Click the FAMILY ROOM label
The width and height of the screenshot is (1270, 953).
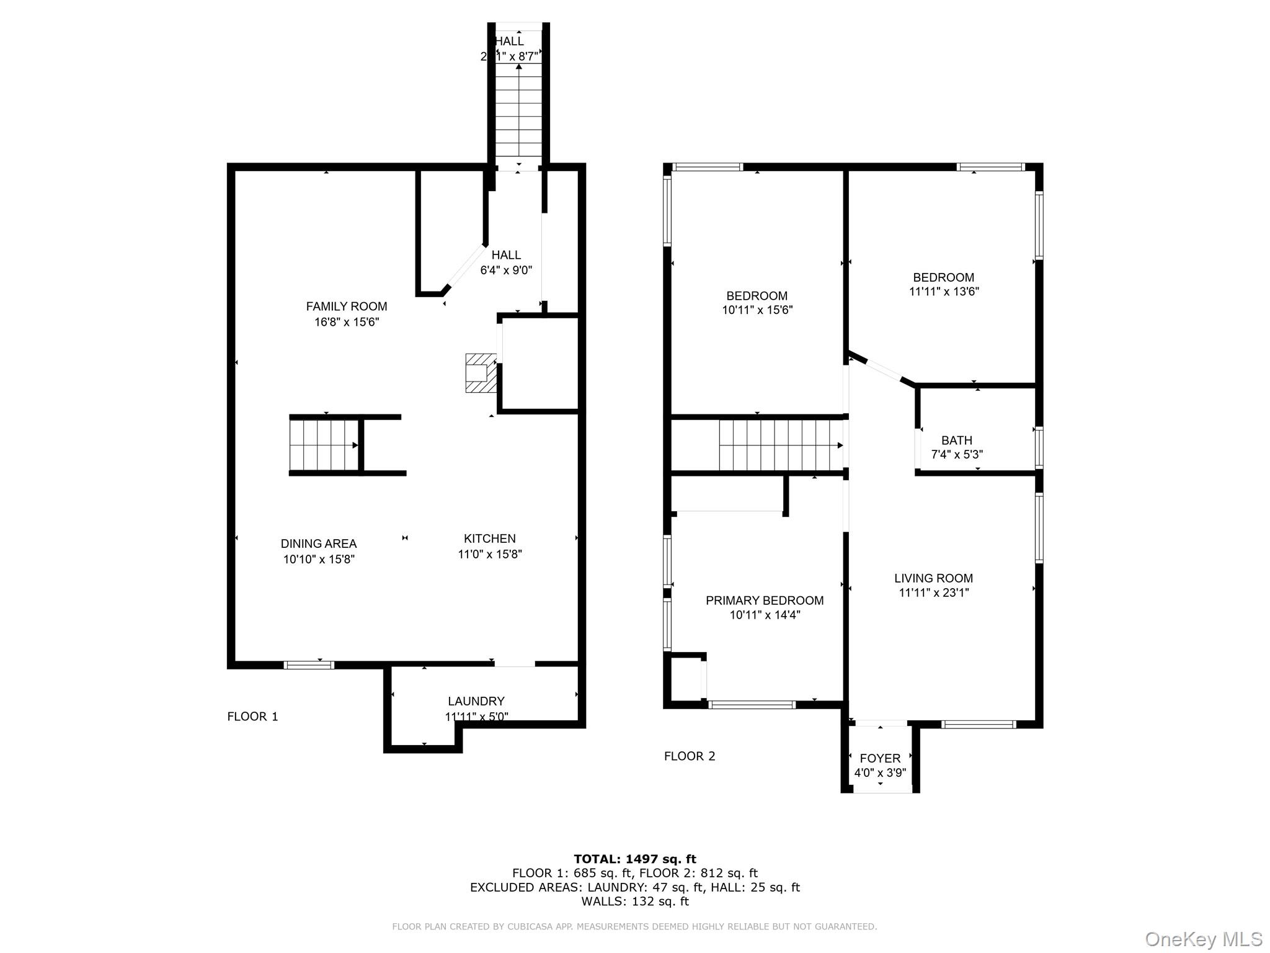point(346,306)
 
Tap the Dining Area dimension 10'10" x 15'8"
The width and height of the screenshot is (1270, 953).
point(319,559)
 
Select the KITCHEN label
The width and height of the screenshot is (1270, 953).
point(489,539)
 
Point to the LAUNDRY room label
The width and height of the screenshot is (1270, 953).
point(476,701)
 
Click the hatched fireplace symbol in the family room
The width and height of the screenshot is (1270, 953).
point(481,373)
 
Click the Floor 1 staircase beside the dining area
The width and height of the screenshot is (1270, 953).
point(325,445)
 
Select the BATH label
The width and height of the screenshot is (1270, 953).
point(956,441)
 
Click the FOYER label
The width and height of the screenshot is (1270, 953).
point(880,758)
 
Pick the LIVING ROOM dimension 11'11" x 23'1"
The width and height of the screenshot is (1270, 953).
point(933,593)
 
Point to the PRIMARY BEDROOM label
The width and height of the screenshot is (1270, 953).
point(764,600)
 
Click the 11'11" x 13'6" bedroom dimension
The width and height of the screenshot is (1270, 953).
point(943,292)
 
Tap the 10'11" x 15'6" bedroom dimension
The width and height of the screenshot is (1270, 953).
point(757,310)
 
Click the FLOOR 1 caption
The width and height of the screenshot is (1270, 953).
point(252,717)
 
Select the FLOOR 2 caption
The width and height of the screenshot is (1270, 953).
point(689,756)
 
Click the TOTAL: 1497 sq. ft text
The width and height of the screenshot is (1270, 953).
point(634,859)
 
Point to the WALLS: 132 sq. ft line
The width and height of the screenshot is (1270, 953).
point(634,902)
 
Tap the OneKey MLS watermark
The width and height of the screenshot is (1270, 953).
point(1203,939)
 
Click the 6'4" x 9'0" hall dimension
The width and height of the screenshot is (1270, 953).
point(506,271)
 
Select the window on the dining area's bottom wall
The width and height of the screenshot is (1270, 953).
point(309,665)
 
